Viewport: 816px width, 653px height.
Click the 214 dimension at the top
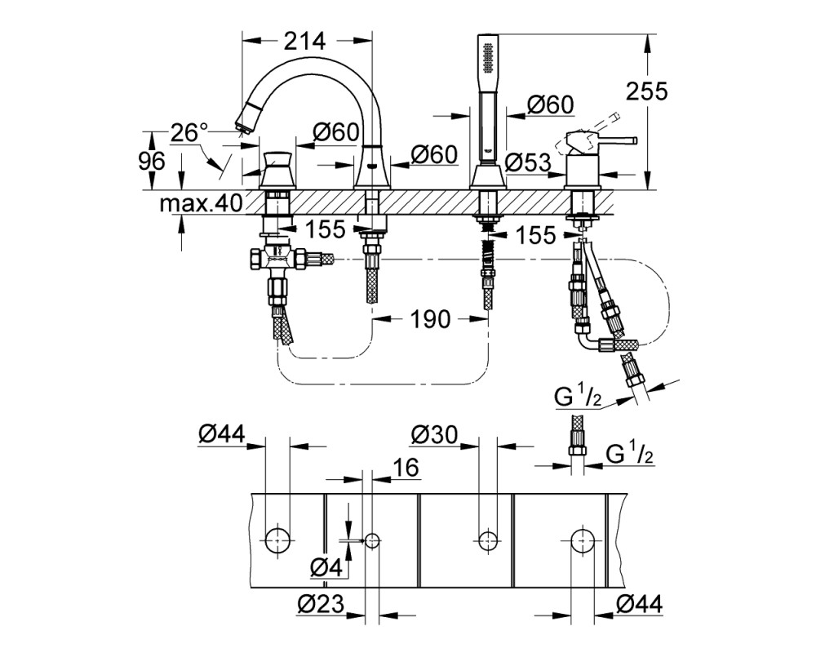point(304,41)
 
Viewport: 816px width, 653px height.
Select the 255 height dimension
point(645,91)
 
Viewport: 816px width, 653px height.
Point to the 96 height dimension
point(152,161)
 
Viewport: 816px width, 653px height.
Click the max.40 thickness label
point(201,203)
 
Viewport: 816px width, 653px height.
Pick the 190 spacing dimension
point(430,318)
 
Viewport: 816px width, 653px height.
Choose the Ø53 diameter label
point(526,162)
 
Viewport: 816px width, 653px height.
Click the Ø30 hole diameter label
point(433,434)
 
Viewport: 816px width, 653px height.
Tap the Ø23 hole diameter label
point(321,603)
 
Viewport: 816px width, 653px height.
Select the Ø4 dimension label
point(327,567)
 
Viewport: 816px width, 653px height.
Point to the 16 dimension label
point(406,468)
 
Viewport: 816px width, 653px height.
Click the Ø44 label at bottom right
point(639,604)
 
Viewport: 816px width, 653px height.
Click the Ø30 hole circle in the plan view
point(488,540)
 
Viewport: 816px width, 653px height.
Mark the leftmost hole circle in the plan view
point(277,540)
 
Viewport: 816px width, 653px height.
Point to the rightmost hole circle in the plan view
point(583,540)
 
